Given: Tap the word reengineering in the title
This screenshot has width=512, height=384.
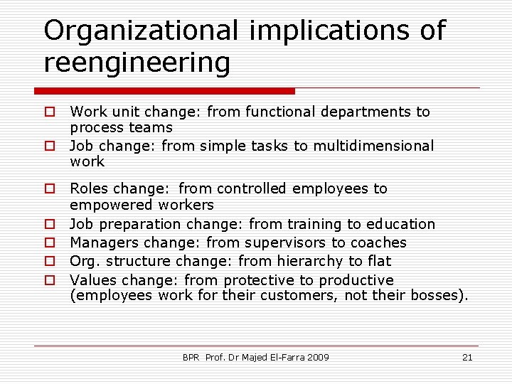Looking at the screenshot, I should [137, 63].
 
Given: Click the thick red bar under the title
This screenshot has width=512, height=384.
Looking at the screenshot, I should [164, 91].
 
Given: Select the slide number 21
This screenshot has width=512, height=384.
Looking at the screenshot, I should [467, 357].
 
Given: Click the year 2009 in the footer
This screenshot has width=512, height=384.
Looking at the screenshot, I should [317, 357].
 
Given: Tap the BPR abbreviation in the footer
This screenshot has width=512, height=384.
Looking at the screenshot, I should [191, 357].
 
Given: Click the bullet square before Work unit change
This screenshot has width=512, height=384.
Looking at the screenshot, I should [50, 112].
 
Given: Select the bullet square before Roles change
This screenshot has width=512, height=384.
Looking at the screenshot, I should [50, 188].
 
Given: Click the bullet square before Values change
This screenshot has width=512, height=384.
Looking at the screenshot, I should [50, 280].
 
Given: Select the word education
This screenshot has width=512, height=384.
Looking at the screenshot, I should [400, 224].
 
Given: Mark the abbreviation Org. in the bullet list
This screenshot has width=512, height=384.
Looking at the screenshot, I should [84, 262].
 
